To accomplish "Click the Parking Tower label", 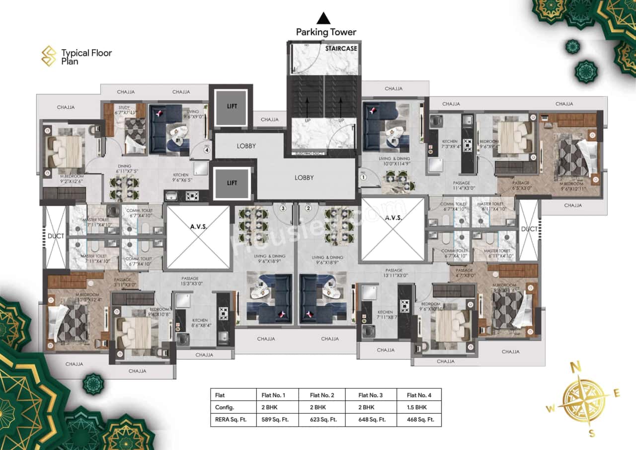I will [326, 32].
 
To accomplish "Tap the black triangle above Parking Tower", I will [324, 18].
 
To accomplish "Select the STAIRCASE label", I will [340, 49].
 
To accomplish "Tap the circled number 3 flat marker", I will [283, 209].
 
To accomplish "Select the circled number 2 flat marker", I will [308, 209].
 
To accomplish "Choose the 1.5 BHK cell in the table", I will [416, 407].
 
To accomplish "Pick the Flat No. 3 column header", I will [370, 395].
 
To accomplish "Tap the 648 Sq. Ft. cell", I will [370, 419].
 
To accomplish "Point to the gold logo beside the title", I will [49, 56].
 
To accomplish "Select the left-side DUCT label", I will [56, 236].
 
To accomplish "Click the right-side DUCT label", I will [529, 229].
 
